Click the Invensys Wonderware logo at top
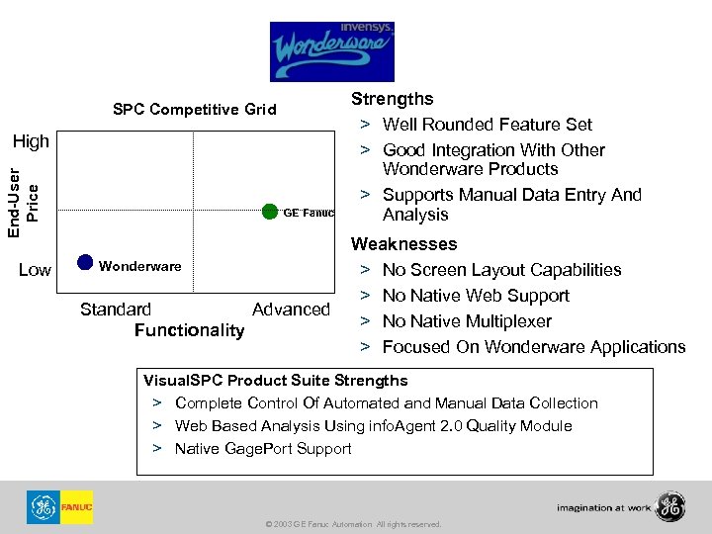331,51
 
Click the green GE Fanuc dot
270,211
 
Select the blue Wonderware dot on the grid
85,262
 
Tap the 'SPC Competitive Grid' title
194,109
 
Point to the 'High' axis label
32,141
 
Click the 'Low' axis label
35,270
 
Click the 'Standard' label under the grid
116,310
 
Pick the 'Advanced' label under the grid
291,310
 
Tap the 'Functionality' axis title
189,329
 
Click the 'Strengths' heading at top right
393,99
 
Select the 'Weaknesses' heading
404,243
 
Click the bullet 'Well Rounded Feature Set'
487,125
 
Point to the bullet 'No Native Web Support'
476,296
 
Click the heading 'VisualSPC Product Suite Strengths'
275,381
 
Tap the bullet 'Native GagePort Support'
263,449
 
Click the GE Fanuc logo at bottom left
60,507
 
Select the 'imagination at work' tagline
602,508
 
